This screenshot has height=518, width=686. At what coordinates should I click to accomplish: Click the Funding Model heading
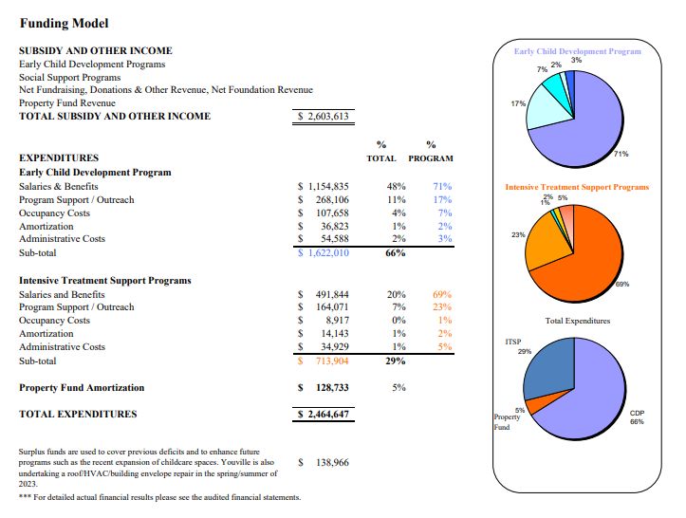(x=64, y=23)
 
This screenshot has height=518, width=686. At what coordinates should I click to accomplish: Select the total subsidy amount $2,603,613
(x=324, y=117)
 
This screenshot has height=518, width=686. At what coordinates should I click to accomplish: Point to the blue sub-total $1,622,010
(x=324, y=253)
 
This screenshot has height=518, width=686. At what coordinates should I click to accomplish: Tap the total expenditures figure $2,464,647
(x=324, y=414)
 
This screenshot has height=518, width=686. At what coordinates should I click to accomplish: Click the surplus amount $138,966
(x=328, y=462)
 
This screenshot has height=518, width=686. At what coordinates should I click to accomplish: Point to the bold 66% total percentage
(x=395, y=253)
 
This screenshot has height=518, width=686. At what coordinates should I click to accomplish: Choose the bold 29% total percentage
(x=395, y=361)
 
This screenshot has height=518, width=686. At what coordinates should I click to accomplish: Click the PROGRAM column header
(x=431, y=158)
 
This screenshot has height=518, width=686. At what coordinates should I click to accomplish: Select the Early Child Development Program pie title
(x=577, y=51)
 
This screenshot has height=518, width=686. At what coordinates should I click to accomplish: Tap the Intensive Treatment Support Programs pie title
(x=577, y=187)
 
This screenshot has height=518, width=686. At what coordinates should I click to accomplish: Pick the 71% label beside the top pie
(x=621, y=153)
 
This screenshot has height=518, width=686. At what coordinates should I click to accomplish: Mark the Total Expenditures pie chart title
(x=577, y=321)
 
